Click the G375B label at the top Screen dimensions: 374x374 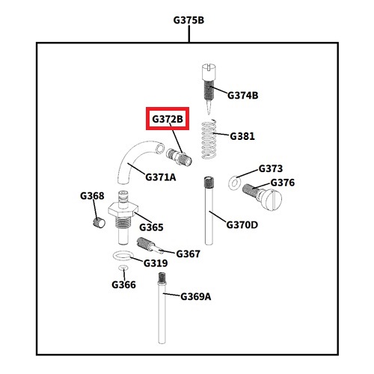188,20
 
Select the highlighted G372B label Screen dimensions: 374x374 168,119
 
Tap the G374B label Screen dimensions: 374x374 242,95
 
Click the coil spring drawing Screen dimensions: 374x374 209,139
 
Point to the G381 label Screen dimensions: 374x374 242,136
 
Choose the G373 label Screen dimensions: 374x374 271,168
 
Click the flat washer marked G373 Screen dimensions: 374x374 234,183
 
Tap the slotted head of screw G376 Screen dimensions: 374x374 272,199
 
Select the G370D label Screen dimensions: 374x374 242,225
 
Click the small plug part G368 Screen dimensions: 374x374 99,222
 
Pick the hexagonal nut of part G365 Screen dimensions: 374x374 123,210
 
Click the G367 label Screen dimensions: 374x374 188,254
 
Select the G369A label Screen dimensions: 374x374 195,297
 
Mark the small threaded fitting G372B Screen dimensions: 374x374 179,157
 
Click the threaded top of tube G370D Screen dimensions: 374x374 209,183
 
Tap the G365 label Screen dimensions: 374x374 151,227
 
